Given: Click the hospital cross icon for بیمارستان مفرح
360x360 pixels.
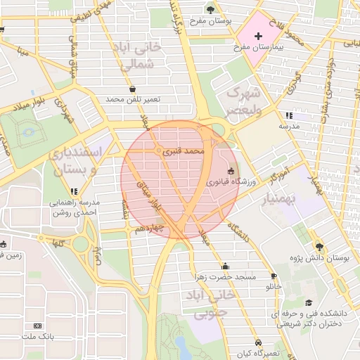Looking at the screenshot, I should click(x=258, y=35).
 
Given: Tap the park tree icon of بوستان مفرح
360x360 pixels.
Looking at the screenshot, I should click(x=211, y=9).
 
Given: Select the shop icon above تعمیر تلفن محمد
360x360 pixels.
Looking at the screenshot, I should click(x=133, y=89).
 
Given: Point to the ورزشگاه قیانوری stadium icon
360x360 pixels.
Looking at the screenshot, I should click(x=231, y=171).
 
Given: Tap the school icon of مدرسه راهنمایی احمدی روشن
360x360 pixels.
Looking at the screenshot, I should click(x=74, y=191).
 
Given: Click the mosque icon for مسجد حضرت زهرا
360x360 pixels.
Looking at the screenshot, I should click(x=225, y=266).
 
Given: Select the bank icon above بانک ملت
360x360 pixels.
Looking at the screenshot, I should click(x=37, y=326).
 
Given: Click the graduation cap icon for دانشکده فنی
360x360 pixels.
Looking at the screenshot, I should click(x=309, y=302).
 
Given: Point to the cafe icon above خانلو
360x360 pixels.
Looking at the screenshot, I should click(x=274, y=276).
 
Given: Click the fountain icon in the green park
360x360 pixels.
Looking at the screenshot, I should click(x=28, y=131).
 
